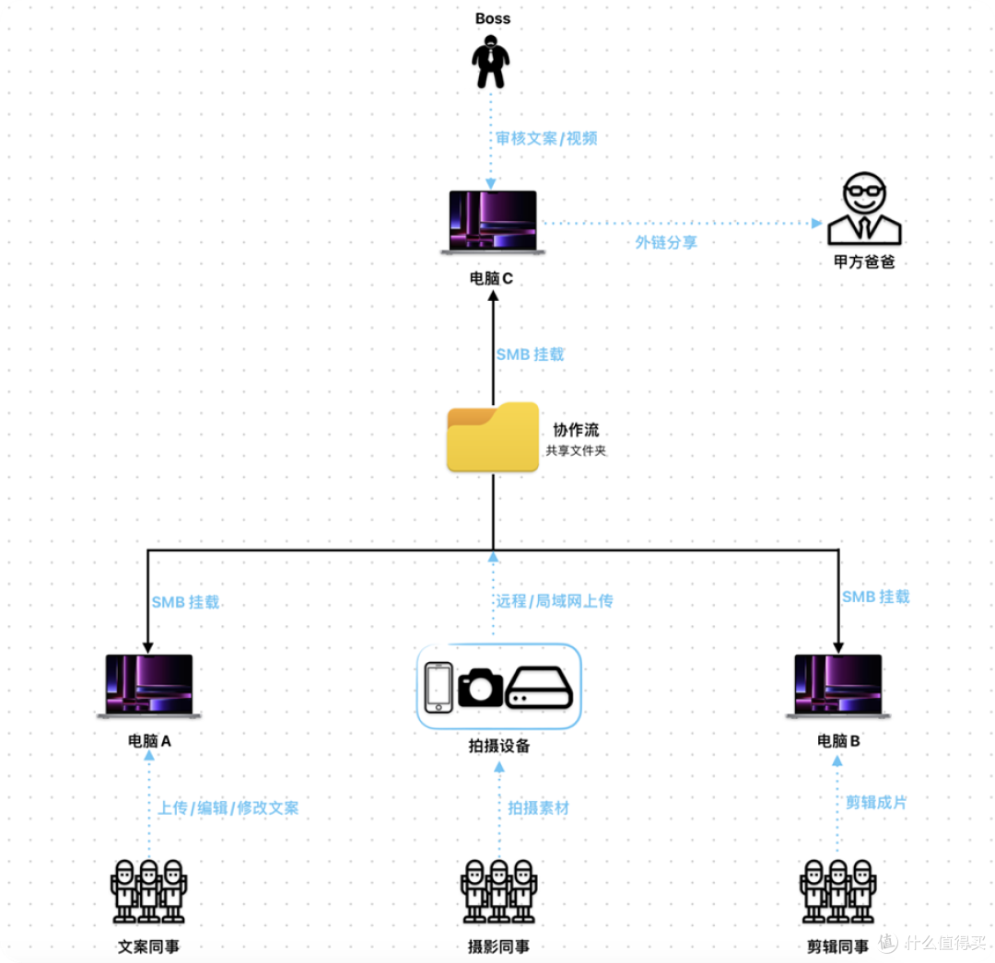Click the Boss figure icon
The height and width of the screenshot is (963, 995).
coord(490,62)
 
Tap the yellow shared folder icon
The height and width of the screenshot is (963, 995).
coord(493,436)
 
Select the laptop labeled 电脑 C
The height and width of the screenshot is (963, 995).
coord(493,223)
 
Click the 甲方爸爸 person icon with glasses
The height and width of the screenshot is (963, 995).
coord(864,208)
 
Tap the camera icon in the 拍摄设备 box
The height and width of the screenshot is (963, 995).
coord(480,687)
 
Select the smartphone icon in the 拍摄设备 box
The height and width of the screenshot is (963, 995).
coord(439,687)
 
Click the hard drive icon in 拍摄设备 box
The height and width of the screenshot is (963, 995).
coord(539,687)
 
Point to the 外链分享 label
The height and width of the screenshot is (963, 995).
coord(666,242)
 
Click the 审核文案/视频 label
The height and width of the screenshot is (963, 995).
coord(546,138)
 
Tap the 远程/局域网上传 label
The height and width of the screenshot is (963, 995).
coord(555,600)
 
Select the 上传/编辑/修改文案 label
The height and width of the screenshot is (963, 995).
coord(228,807)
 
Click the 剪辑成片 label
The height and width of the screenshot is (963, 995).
coord(876,802)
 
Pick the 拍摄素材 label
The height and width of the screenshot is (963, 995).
coord(539,807)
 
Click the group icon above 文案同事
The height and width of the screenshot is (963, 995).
coord(149,891)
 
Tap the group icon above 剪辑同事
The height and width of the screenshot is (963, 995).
coord(838,891)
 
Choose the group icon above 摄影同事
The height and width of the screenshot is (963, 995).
coord(499,891)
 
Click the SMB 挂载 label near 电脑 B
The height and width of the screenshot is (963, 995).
coord(876,597)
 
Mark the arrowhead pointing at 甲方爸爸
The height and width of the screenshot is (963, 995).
coord(817,223)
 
